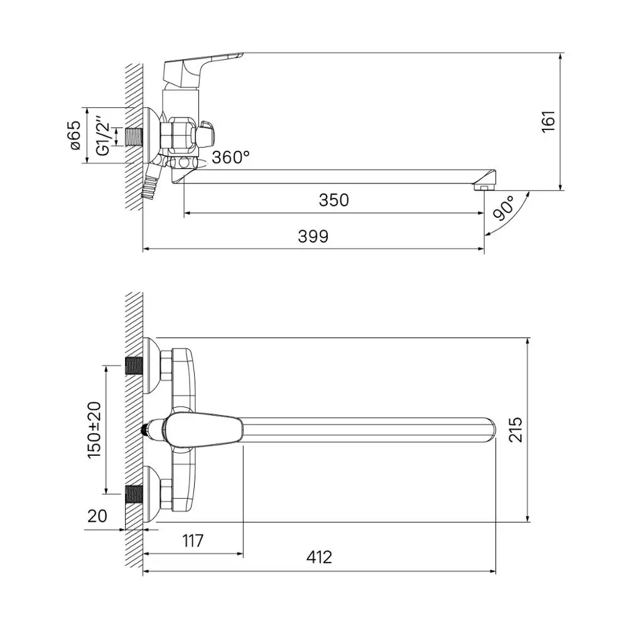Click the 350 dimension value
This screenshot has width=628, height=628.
click(333, 200)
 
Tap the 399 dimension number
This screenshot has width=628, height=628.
click(313, 236)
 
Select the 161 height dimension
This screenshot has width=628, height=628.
click(548, 121)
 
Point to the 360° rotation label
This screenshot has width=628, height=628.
click(230, 157)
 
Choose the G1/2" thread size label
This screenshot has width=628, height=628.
click(102, 136)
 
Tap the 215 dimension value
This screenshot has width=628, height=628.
click(516, 430)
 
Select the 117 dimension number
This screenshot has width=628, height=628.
click(193, 541)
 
